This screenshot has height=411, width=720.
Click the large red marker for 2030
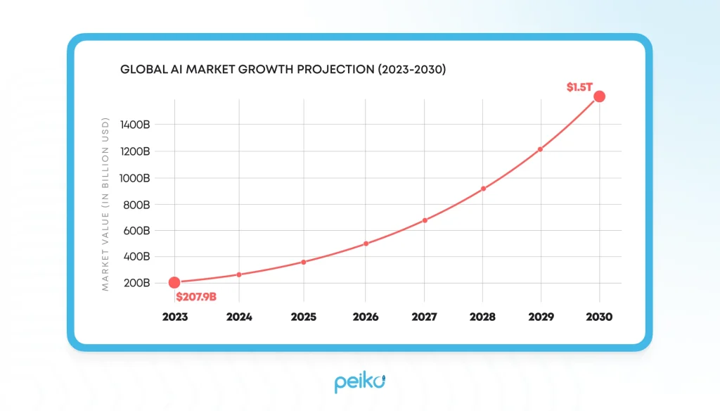[x=599, y=96]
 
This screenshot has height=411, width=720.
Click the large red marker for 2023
[x=174, y=282]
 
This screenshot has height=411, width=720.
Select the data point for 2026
[x=366, y=244]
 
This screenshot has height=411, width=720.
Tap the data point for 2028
[x=483, y=189]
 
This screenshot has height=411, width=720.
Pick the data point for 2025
[x=304, y=262]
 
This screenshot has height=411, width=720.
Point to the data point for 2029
[x=540, y=149]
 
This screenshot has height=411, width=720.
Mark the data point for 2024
[x=239, y=274]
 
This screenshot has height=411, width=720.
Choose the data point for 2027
[x=425, y=220]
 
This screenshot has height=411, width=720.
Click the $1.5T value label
[x=580, y=87]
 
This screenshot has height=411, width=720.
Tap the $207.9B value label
[x=196, y=297]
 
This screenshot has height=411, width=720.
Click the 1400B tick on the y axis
[x=135, y=125]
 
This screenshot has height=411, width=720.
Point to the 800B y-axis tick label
[x=136, y=205]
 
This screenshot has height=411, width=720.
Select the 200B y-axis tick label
[x=136, y=283]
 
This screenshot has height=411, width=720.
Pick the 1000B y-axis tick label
[x=135, y=178]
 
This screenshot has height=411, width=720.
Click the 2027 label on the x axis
[x=425, y=317]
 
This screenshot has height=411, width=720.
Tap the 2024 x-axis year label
[x=239, y=317]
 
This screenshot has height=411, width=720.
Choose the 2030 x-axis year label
[x=599, y=317]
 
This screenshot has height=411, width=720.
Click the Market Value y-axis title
[x=105, y=204]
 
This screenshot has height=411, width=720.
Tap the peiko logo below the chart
[x=359, y=383]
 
